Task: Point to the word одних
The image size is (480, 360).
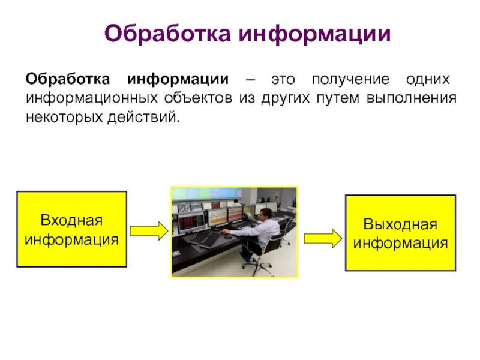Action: [428, 80]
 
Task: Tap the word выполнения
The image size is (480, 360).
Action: [410, 98]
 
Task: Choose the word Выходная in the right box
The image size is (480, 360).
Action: [400, 225]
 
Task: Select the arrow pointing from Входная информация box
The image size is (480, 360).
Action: [148, 230]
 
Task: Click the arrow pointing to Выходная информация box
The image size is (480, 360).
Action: [322, 238]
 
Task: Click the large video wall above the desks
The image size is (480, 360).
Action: [234, 194]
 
